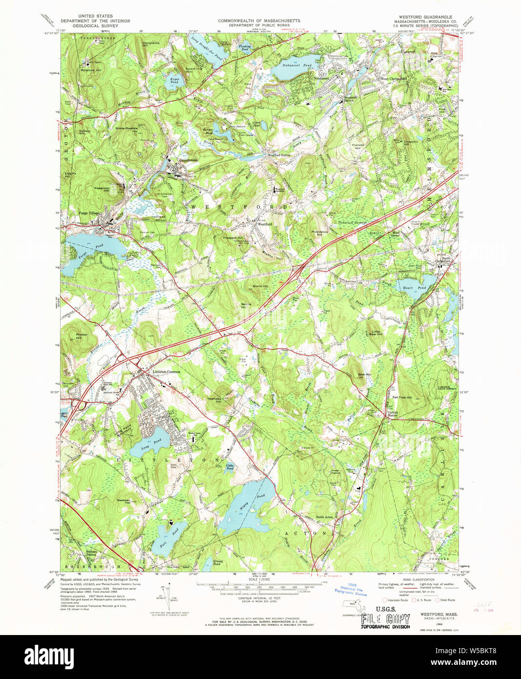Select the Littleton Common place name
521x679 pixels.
[166, 372]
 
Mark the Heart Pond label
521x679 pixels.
[414, 288]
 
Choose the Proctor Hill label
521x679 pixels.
[82, 336]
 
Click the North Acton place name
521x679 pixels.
[324, 517]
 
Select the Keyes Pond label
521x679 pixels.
[174, 81]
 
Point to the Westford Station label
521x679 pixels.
[279, 155]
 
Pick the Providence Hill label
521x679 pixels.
[319, 233]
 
